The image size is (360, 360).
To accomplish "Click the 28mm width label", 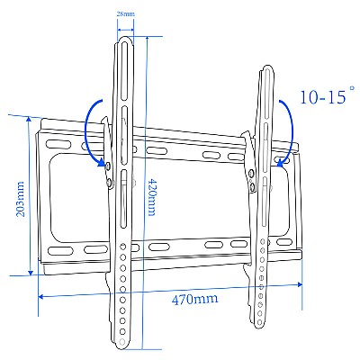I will coord(126,14).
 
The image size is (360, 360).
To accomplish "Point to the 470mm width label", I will coord(195,298).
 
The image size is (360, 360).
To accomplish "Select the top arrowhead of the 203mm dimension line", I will coord(31,120).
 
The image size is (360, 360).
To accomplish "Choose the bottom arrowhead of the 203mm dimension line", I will coord(31,272).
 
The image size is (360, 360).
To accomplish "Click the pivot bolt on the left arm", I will coord(109,166).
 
